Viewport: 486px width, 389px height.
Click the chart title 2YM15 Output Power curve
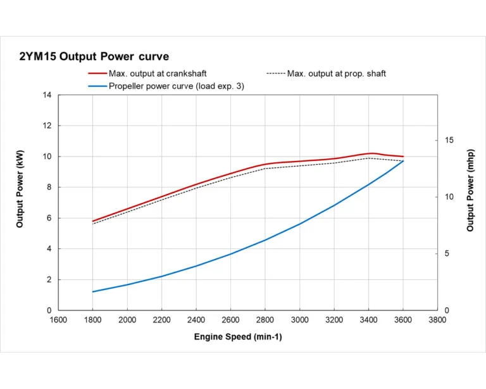coord(94,57)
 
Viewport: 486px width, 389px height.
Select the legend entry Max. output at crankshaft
coord(157,73)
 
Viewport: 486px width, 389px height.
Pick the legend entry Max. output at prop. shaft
coord(336,73)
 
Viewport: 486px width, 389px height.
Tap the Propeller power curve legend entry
coord(176,86)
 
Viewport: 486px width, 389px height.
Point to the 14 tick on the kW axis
coord(47,95)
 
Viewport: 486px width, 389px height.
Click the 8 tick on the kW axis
coord(49,188)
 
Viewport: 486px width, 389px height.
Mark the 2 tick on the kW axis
coord(49,279)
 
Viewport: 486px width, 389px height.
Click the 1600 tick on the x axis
coord(58,320)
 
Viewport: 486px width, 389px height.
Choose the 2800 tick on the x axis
coord(265,320)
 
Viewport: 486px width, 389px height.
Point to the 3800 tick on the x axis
coord(437,320)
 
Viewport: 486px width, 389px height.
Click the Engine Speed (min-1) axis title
coord(238,336)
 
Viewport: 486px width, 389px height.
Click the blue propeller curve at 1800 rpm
coord(93,291)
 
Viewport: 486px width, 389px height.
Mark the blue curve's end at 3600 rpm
coord(403,161)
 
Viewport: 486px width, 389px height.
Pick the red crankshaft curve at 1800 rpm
coord(93,221)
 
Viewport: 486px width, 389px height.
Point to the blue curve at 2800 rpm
coord(265,240)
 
